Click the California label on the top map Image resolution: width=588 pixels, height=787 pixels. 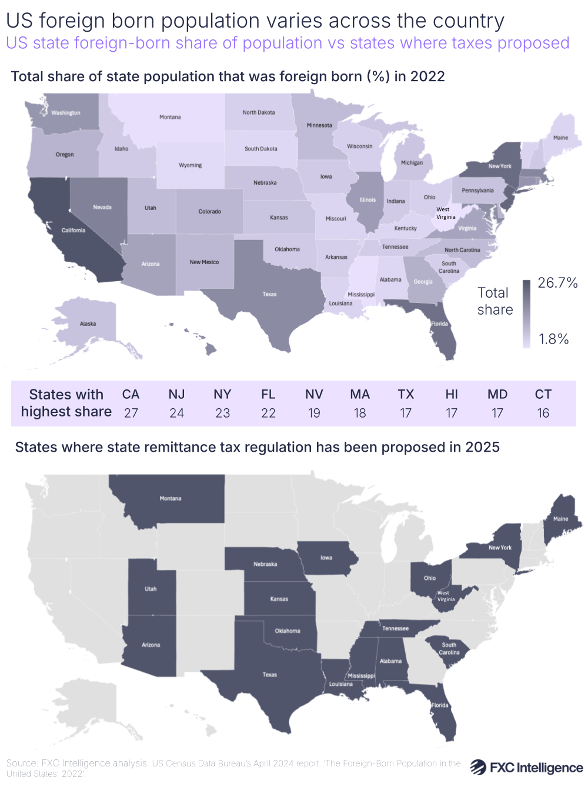pos(73,231)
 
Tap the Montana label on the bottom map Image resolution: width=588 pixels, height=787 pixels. pos(171,499)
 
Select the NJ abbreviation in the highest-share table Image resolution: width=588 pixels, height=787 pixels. pos(176,395)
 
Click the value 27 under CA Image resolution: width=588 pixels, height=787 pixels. pos(131,413)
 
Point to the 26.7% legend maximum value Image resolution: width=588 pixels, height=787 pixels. pos(557,283)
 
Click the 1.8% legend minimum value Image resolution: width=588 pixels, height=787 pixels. pos(554,339)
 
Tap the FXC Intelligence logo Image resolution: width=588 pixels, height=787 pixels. pos(526,768)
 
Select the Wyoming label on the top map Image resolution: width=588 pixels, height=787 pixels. pos(191,165)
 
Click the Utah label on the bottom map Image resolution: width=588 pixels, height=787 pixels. pos(151,589)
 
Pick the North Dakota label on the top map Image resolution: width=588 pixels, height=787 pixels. pos(259,112)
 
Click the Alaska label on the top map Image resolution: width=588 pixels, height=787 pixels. pos(88,324)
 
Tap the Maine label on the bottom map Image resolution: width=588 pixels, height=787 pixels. pos(561,519)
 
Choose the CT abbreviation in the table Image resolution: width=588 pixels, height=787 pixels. pos(543,395)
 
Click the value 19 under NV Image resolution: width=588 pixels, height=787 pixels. pos(314,413)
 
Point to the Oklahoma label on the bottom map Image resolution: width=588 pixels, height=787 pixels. pos(288,631)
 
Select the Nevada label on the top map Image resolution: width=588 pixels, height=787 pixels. pos(102,207)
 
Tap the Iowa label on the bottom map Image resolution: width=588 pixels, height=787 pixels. pos(326,558)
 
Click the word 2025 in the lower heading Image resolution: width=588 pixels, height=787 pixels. pos(482,447)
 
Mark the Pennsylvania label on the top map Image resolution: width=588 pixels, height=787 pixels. pos(477,191)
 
